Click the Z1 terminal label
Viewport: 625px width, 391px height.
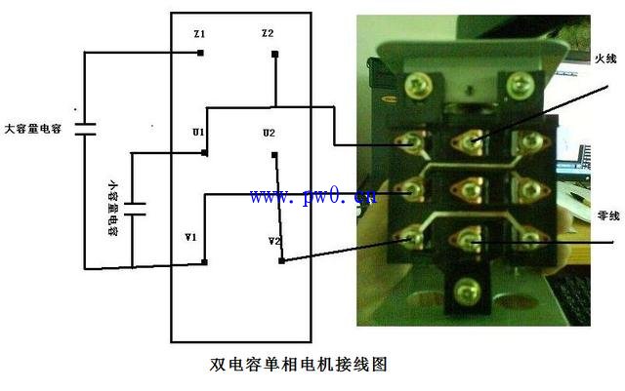pos(199,34)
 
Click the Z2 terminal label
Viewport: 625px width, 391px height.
pos(268,33)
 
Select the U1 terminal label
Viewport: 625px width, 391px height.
pos(198,133)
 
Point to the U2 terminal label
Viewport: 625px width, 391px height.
pos(270,133)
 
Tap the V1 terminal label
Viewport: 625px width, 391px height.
pos(190,238)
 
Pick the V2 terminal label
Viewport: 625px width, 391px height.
pos(274,241)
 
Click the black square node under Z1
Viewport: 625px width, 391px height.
pos(200,53)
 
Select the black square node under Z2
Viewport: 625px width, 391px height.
pos(274,54)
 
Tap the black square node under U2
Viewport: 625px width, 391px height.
pos(274,155)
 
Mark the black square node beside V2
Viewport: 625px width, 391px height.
pos(282,260)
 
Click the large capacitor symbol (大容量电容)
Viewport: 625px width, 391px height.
pos(85,130)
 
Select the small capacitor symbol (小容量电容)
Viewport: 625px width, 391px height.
pos(135,209)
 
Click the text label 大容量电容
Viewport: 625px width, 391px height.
pos(33,129)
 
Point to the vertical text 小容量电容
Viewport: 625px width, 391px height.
pos(113,209)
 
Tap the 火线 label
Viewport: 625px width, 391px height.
pos(605,59)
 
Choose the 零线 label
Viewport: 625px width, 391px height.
pos(608,215)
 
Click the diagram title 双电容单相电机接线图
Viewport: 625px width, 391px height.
pos(299,365)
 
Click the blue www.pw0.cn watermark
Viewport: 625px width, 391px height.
pos(312,196)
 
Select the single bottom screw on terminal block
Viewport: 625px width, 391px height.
pos(467,292)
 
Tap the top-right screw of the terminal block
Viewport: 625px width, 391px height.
pos(520,85)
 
